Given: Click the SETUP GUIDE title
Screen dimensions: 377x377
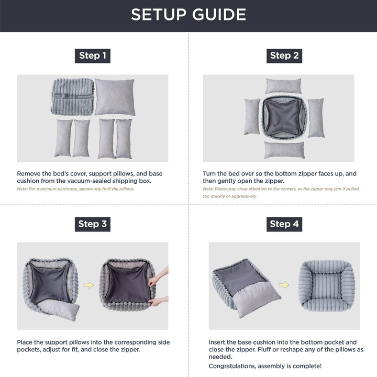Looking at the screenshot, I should (x=188, y=15).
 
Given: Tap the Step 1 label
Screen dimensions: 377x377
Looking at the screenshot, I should (x=93, y=56).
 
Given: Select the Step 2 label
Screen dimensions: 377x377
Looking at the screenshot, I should (x=284, y=56).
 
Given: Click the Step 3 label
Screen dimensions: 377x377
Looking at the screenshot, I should (x=93, y=224).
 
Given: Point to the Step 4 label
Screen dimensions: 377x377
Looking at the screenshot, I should (x=284, y=224).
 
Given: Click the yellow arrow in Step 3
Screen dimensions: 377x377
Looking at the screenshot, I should (x=89, y=285).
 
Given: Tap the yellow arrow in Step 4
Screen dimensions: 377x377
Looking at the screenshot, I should (x=284, y=285).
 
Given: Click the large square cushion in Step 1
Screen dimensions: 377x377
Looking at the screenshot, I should (x=115, y=97).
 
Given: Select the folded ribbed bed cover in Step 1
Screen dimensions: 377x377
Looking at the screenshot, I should (x=72, y=97).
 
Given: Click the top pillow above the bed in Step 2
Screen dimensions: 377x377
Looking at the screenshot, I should (x=283, y=86).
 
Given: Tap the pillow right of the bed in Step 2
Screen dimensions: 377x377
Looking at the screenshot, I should (x=316, y=118).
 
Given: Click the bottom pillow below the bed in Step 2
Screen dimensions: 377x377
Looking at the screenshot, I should (x=284, y=150).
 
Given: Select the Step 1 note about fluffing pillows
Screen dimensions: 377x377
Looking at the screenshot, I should (x=75, y=188).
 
